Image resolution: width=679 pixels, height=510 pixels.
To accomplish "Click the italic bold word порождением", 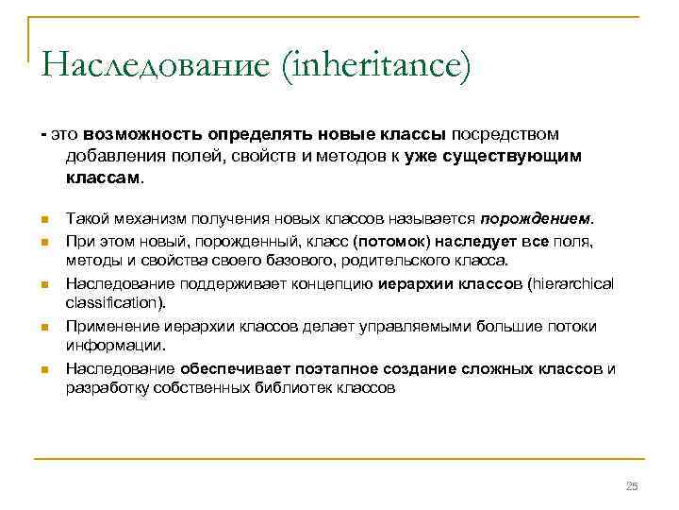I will [539, 219].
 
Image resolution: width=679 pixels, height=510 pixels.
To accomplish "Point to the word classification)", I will [116, 303].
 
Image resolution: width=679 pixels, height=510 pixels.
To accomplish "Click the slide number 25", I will [632, 485].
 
